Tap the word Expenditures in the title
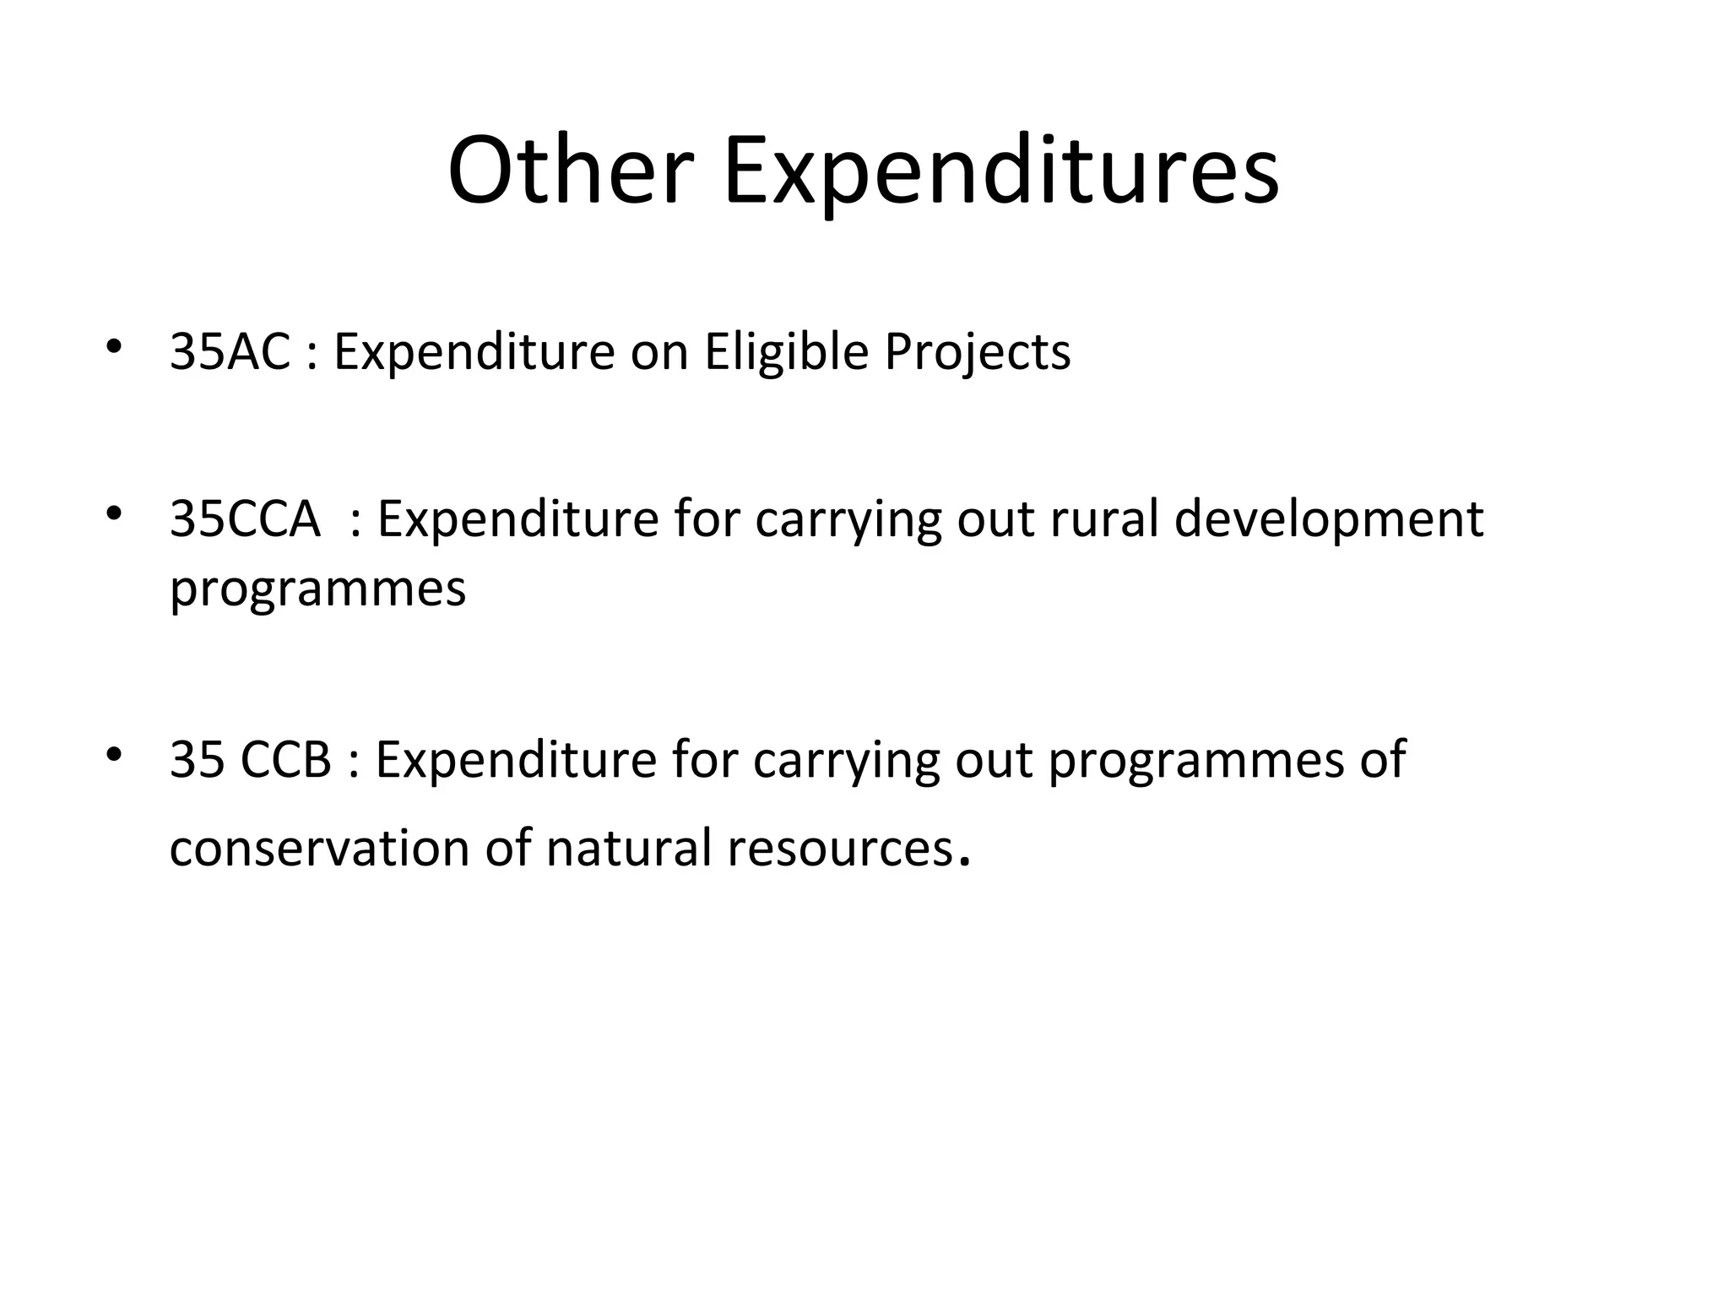coord(1001,174)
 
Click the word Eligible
coord(786,353)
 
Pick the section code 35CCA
coord(245,518)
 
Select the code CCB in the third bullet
coord(286,759)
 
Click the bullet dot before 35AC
coord(115,346)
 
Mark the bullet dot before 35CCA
coord(115,513)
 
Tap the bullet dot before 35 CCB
coord(115,753)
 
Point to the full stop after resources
coord(965,864)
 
